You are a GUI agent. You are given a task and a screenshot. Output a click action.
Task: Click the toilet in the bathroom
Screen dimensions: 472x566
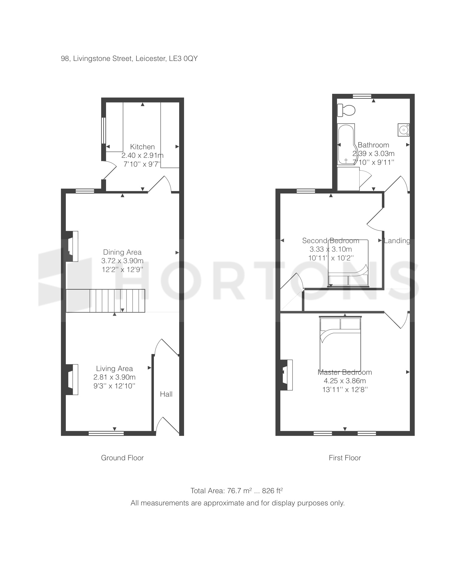346,110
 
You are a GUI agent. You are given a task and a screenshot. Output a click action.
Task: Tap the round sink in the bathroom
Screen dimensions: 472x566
403,130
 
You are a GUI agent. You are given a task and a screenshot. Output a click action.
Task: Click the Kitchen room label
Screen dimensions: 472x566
142,147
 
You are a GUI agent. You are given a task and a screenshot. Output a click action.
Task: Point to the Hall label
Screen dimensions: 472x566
166,394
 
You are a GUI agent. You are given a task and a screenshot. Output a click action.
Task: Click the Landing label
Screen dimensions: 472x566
397,241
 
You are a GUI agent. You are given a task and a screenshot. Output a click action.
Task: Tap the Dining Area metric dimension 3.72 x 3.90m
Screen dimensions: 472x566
122,261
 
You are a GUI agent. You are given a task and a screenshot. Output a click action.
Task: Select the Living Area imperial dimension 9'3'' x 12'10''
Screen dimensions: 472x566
114,386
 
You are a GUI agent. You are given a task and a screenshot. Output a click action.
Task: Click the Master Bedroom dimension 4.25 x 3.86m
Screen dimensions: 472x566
345,381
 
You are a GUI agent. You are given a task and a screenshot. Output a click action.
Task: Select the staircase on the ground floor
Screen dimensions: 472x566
105,301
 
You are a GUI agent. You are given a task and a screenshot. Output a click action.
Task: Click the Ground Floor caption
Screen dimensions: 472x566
122,458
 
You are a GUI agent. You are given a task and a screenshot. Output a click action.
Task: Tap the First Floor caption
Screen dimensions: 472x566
345,458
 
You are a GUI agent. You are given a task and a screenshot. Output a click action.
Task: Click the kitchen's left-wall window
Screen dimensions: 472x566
104,130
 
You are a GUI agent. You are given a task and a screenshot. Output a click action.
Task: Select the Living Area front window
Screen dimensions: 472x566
106,433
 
